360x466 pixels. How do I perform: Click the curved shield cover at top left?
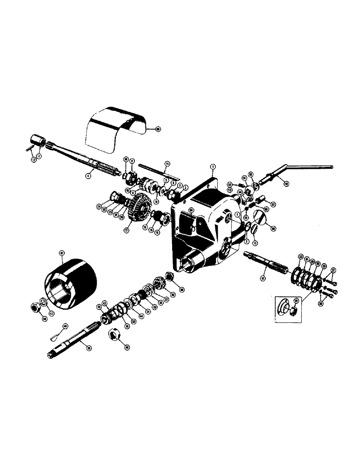click(114, 128)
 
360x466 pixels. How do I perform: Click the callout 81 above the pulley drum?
click(62, 253)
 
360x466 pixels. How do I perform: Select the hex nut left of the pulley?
click(34, 308)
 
